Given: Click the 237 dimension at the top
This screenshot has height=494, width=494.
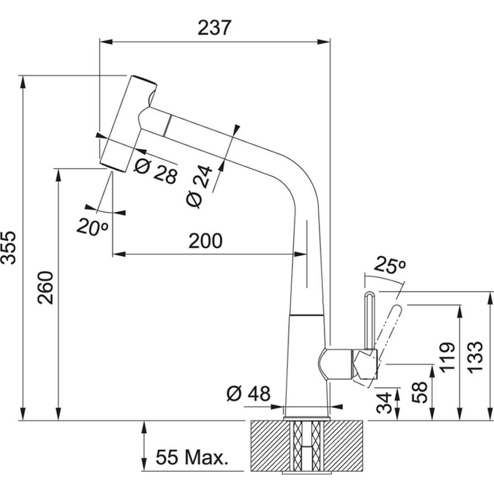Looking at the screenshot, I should pos(215,28).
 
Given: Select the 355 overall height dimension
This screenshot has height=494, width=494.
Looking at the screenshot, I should pos(9,247).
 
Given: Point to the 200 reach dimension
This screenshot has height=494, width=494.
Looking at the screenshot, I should pos(206,241).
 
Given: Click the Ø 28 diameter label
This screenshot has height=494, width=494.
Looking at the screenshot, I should pos(156,172).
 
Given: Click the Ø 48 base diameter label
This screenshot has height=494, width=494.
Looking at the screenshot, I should pos(248,394).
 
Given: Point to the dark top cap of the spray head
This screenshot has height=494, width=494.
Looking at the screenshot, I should pos(143,80).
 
